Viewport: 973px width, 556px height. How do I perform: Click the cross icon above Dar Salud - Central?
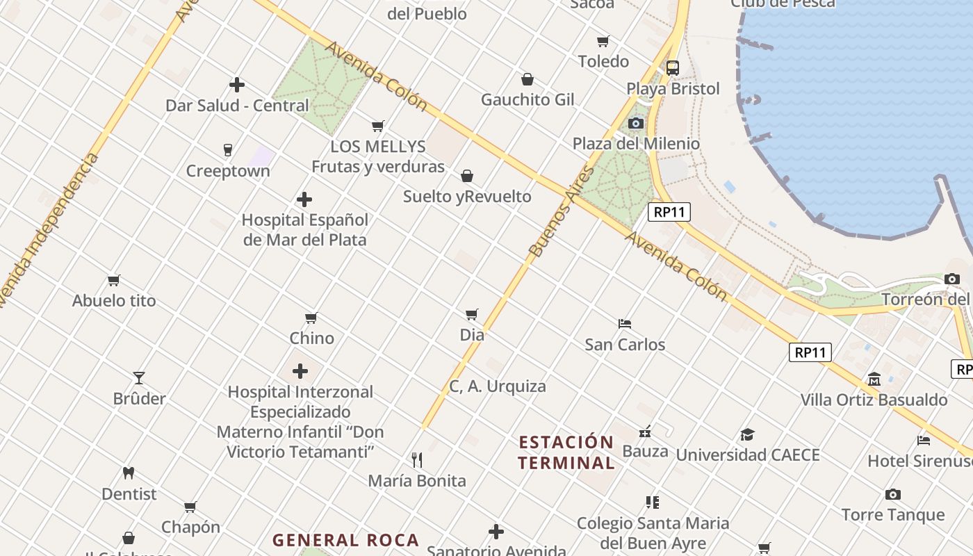pos(237,85)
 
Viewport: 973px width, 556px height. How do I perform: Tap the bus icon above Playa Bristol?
pos(672,68)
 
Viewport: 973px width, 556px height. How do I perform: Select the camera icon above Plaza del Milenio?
pos(635,123)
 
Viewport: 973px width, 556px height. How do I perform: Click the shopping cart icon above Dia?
pos(472,314)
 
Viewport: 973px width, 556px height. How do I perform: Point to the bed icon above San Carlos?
pos(624,323)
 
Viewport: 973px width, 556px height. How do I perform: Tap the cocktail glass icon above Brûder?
pos(139,377)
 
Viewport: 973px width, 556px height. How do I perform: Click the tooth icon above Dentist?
pos(128,473)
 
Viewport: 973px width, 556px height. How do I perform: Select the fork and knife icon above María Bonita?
pos(417,459)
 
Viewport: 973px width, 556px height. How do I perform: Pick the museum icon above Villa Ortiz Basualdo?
pos(874,379)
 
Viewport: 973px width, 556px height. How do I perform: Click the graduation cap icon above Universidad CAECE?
pos(747,434)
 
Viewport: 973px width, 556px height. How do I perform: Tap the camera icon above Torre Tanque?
pos(893,494)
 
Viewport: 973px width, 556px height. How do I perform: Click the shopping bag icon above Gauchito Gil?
pos(528,79)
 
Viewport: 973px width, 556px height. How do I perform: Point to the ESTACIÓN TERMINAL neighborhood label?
pos(566,452)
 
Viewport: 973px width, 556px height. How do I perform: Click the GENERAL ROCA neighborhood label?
pos(345,540)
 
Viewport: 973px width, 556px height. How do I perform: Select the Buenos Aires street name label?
pos(562,211)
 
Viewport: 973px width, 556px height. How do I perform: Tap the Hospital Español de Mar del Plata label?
pos(304,229)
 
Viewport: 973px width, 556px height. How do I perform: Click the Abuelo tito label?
pos(114,301)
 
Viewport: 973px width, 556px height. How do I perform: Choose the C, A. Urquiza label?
pos(498,386)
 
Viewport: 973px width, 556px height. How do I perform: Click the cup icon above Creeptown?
pos(227,149)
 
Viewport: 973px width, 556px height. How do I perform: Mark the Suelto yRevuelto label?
pos(467,197)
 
